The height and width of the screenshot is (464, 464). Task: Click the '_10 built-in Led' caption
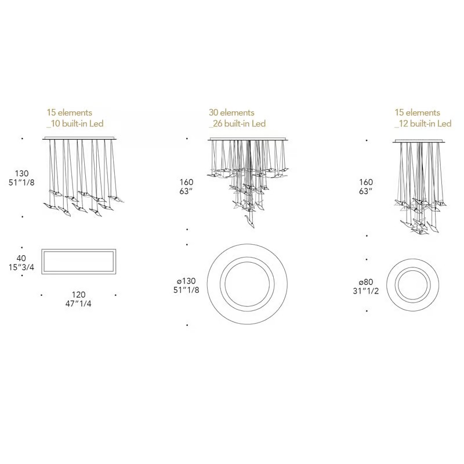(75, 124)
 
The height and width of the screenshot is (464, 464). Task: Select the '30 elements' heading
(231, 113)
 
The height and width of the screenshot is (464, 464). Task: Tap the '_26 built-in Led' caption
(237, 124)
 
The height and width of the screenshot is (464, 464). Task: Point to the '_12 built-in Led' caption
(423, 124)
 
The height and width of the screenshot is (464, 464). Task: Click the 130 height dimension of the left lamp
(22, 173)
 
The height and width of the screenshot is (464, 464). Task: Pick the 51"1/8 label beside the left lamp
(21, 183)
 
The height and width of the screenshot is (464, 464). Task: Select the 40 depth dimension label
(21, 258)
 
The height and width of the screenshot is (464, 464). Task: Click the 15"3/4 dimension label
(21, 267)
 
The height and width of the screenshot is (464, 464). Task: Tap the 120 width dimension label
(78, 295)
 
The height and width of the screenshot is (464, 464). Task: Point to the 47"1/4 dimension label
(78, 303)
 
